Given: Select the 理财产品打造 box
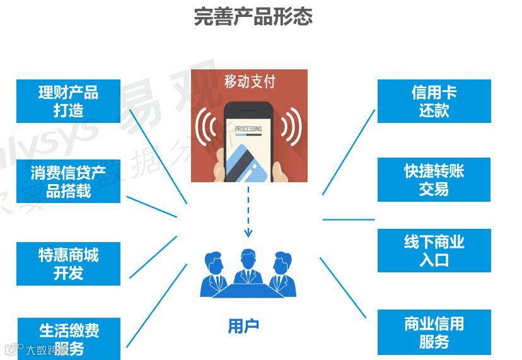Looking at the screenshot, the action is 68,101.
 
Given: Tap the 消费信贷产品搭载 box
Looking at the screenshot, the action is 68,181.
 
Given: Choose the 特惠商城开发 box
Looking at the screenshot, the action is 68,264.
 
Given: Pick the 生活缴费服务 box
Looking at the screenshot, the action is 68,339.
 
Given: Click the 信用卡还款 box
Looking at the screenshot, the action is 434,101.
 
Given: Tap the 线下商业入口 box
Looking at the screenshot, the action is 434,250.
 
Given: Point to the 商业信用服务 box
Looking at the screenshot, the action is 434,332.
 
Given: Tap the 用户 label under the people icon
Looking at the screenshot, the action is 243,326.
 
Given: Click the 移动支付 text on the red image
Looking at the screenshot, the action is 250,81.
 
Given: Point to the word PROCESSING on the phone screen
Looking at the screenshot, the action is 248,129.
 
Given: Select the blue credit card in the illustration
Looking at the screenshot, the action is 245,162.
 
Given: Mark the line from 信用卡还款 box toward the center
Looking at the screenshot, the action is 348,152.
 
